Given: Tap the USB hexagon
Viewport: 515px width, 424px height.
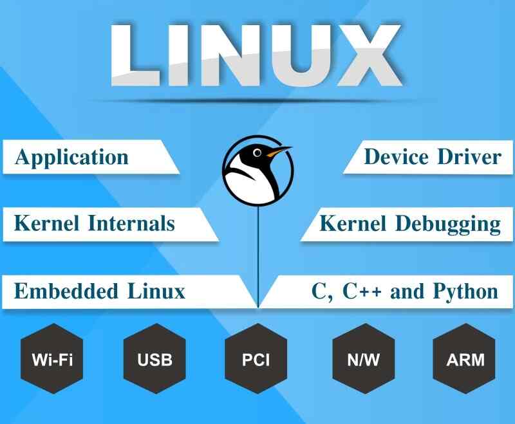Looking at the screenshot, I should pos(154,358).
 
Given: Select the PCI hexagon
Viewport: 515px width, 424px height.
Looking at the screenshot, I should pos(256,358).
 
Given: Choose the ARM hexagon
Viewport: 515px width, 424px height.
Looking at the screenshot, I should pos(465,358).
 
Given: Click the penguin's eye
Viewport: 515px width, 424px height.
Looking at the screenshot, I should pos(257,153).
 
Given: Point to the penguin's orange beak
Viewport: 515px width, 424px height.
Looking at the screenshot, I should pos(279,152).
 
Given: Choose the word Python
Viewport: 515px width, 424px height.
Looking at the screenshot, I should pos(465,291).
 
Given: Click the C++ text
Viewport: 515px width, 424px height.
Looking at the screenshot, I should pos(362,291).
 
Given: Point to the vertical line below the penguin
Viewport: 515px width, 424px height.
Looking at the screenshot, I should pos(258,257).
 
